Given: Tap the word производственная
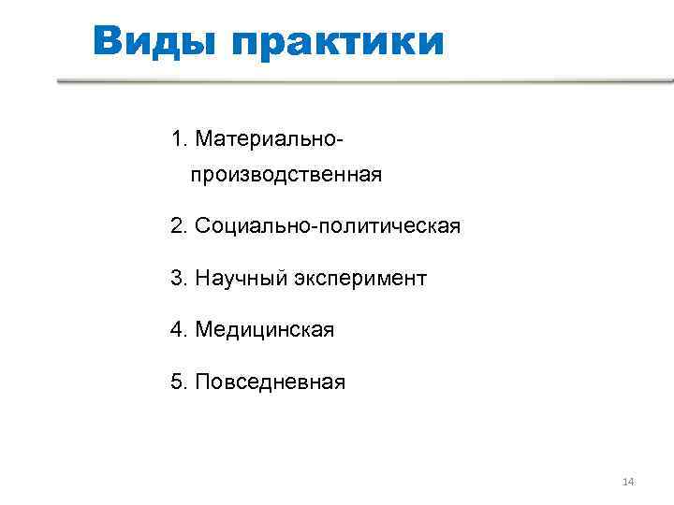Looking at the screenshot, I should point(286,175).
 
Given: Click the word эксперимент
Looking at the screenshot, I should point(360,279).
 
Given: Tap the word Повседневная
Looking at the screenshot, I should point(271,382).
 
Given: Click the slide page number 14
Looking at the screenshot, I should point(628,482).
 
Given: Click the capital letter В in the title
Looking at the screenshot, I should point(109,41).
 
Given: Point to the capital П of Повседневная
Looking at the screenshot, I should point(203,382).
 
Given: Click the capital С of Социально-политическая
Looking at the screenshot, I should point(203,226).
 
